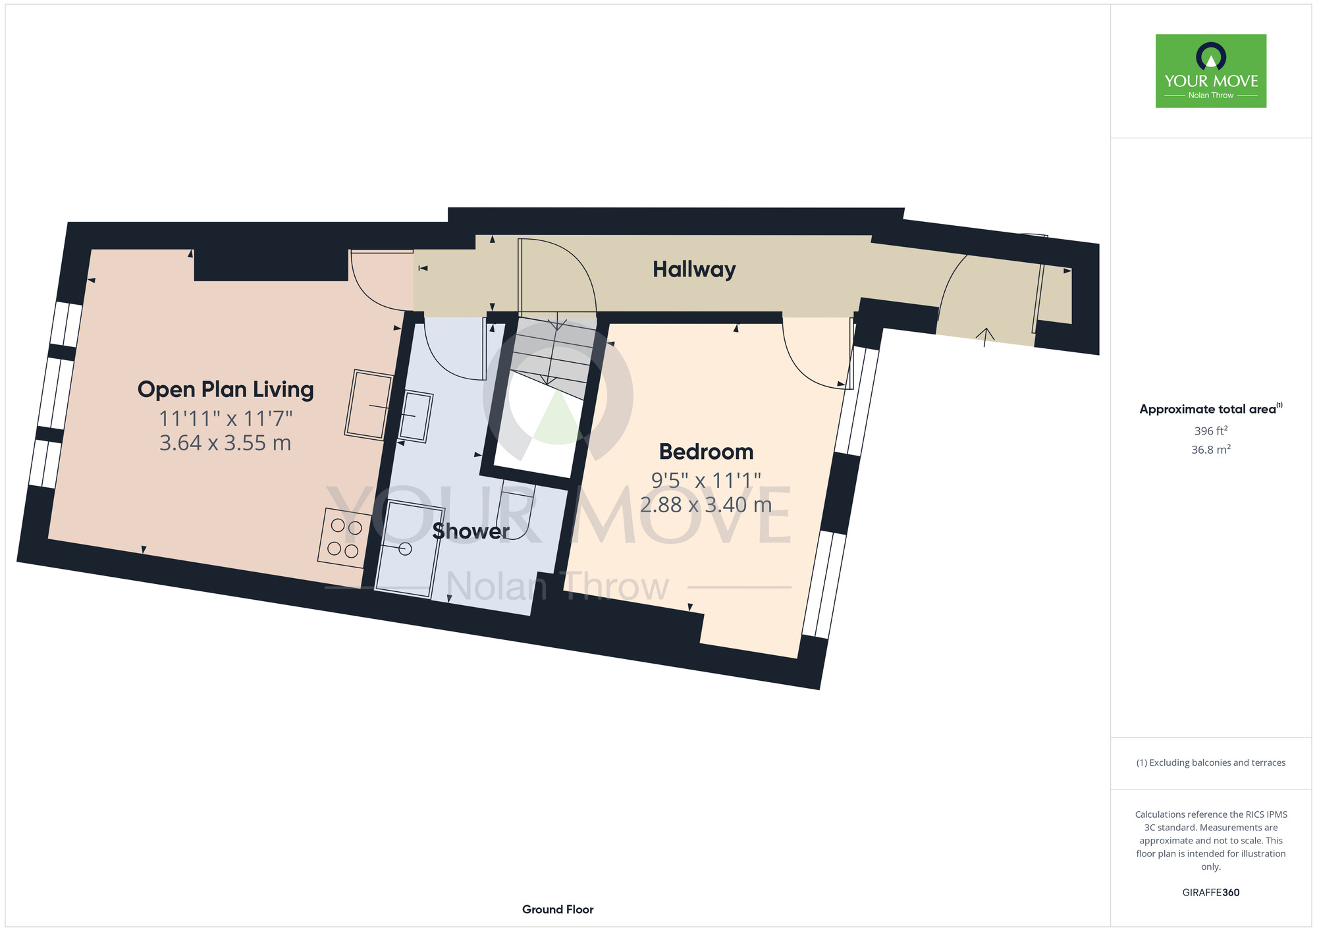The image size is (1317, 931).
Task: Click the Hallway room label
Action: pyautogui.click(x=694, y=269)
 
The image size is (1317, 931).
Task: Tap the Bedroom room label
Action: pyautogui.click(x=706, y=452)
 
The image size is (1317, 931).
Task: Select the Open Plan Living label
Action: pyautogui.click(x=225, y=390)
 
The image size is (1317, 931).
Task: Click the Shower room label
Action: pyautogui.click(x=471, y=531)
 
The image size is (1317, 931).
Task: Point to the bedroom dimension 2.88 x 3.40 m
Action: pyautogui.click(x=706, y=505)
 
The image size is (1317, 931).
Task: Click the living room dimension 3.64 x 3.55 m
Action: pyautogui.click(x=225, y=443)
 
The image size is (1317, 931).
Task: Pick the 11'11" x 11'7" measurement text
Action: pyautogui.click(x=225, y=418)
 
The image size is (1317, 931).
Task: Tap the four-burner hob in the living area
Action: pyautogui.click(x=344, y=538)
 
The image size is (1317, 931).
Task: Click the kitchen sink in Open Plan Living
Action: pyautogui.click(x=369, y=404)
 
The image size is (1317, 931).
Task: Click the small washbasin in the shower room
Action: pyautogui.click(x=416, y=416)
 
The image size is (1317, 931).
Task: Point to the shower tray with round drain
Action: pyautogui.click(x=410, y=549)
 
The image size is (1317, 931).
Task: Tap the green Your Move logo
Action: pyautogui.click(x=1211, y=71)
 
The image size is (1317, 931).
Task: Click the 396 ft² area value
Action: pyautogui.click(x=1211, y=431)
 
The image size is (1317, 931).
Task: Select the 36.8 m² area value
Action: pyautogui.click(x=1211, y=450)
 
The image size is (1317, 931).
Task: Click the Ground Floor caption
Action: pyautogui.click(x=558, y=909)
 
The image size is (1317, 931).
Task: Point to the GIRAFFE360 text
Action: pyautogui.click(x=1211, y=893)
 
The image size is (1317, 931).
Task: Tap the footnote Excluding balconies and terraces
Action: pyautogui.click(x=1211, y=762)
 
